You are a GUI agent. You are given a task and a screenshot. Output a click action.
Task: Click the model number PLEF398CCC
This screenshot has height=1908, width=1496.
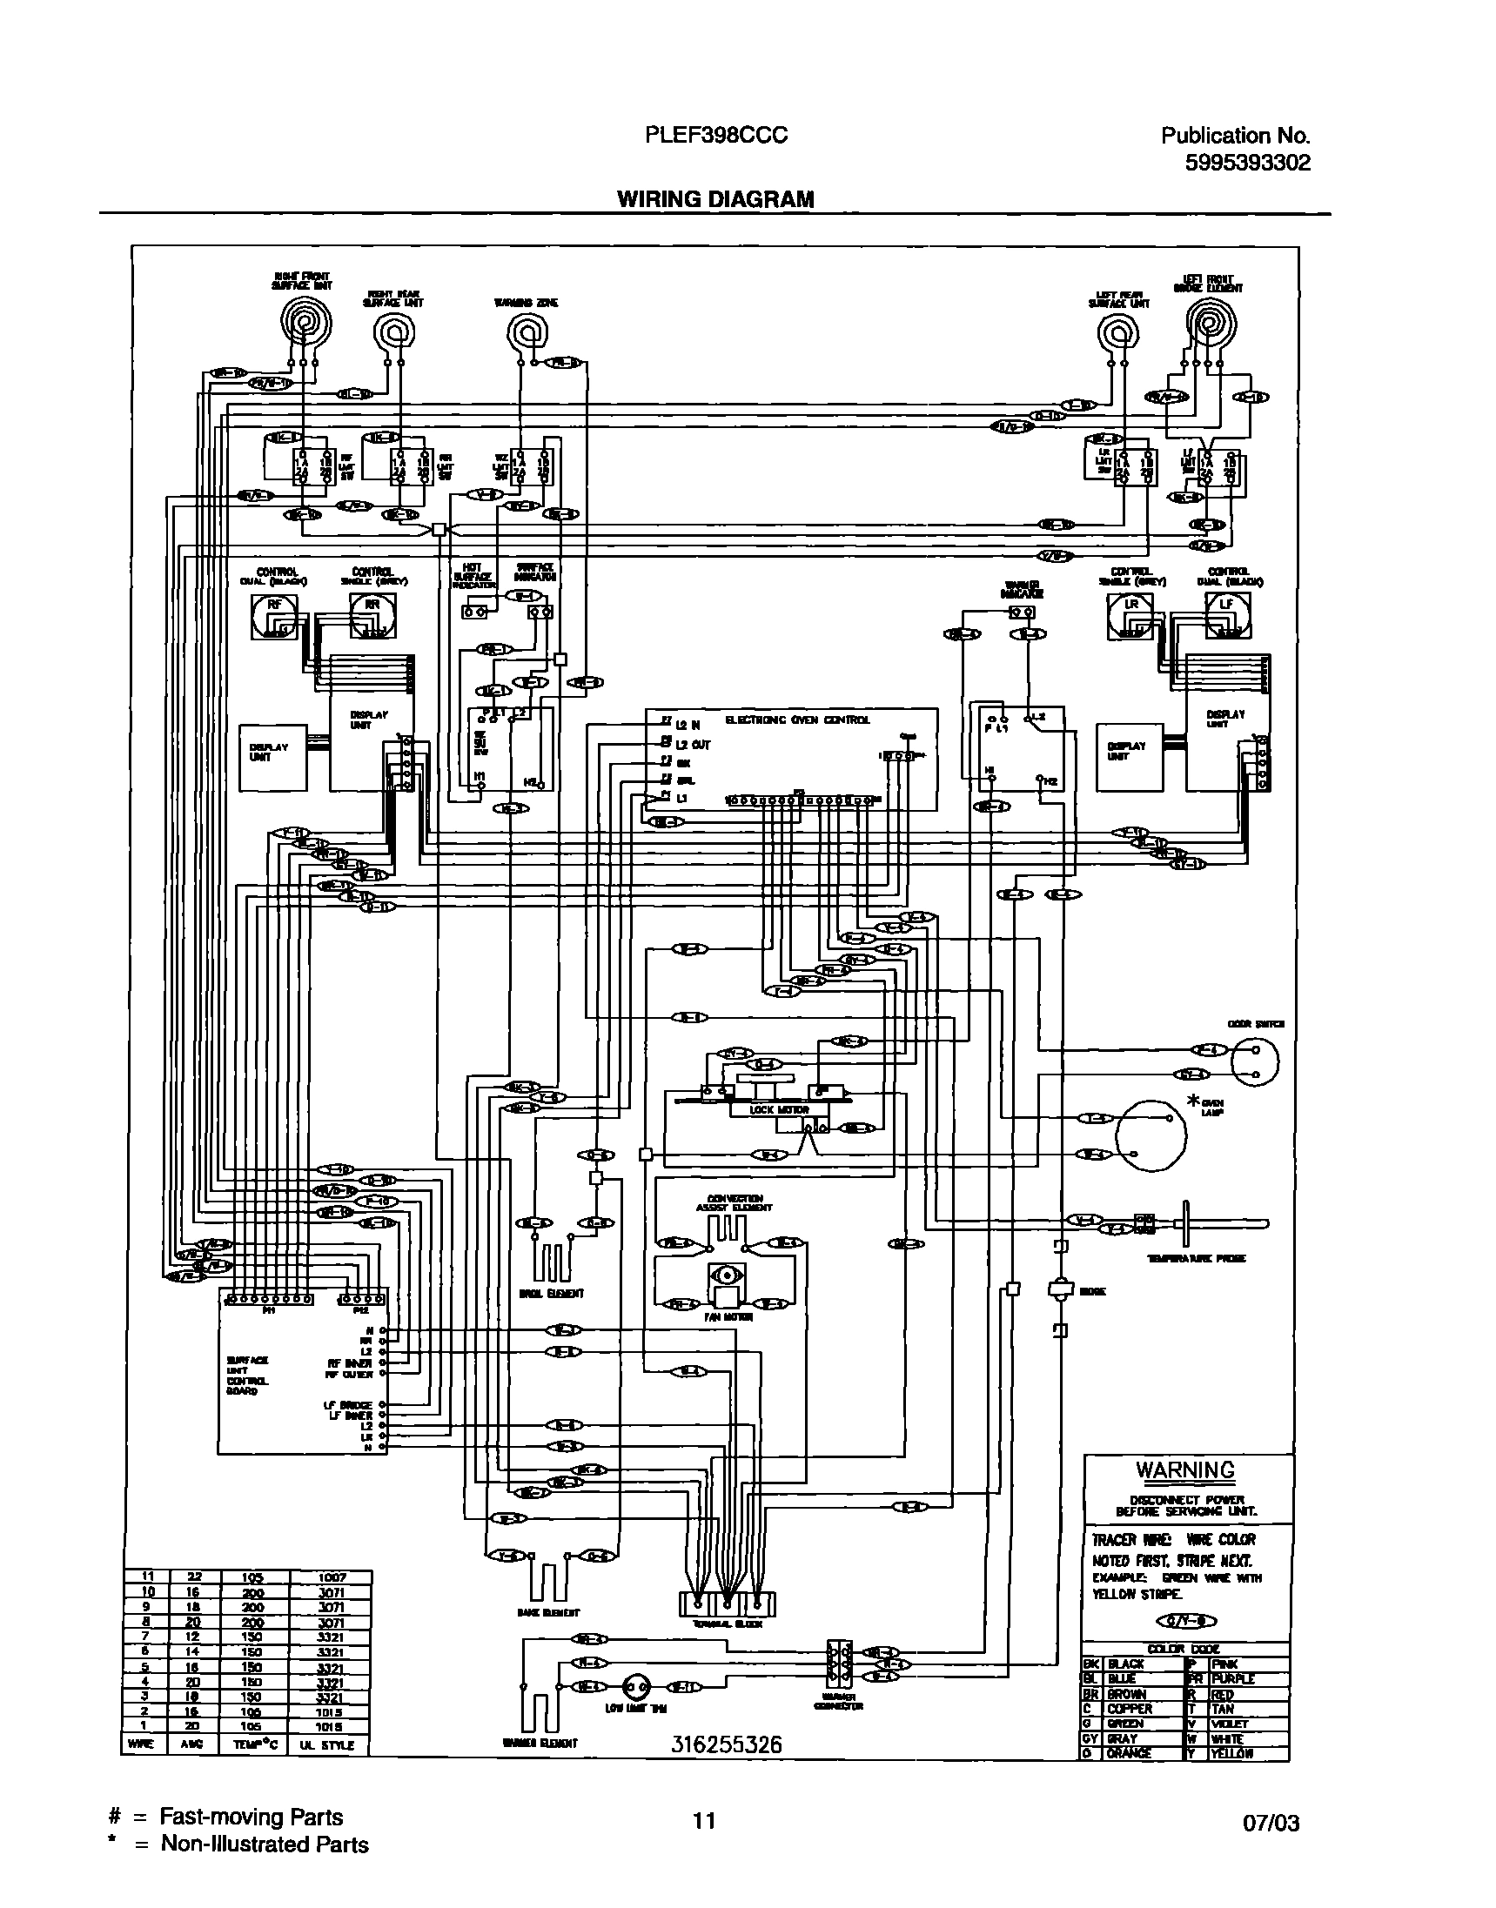click(715, 136)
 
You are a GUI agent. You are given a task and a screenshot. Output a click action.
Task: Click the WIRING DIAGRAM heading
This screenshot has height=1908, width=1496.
click(715, 198)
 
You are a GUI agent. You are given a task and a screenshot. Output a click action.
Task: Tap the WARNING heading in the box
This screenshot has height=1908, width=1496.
click(1185, 1469)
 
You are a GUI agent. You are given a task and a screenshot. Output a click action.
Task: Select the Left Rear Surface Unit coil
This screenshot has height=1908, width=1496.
click(1117, 332)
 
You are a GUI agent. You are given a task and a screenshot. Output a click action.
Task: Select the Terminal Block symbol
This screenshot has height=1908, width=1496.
click(727, 1603)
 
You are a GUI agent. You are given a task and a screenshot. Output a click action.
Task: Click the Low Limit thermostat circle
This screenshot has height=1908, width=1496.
click(636, 1686)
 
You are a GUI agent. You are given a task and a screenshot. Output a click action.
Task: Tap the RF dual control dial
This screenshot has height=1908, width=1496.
click(274, 616)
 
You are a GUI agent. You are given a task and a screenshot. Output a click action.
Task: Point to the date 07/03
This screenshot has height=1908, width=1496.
click(1271, 1824)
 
